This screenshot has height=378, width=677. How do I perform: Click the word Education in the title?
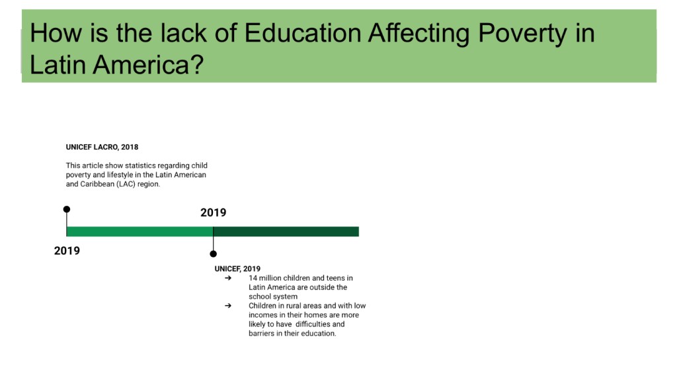click(x=303, y=33)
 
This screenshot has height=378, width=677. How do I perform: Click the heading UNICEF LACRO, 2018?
click(x=102, y=147)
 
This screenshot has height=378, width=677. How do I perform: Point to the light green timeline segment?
click(x=140, y=232)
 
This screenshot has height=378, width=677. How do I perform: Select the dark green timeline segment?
click(x=286, y=232)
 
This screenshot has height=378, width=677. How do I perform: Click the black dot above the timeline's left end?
click(x=67, y=209)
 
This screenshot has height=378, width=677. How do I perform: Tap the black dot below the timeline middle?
click(x=214, y=254)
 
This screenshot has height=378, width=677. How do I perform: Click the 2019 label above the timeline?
click(x=214, y=213)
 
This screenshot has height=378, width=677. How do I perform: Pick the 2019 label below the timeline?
click(x=67, y=251)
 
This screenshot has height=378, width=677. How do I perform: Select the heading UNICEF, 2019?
click(x=237, y=269)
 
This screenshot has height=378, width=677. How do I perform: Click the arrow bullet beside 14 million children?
click(x=228, y=278)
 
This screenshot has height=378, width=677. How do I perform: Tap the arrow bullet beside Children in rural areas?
click(x=228, y=306)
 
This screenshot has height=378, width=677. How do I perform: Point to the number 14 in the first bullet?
click(x=253, y=278)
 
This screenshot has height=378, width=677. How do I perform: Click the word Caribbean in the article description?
click(x=97, y=184)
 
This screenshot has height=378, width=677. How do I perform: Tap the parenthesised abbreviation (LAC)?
click(x=126, y=184)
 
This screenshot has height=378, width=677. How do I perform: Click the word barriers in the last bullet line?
click(x=261, y=334)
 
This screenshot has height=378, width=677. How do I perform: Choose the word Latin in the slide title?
click(x=58, y=64)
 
